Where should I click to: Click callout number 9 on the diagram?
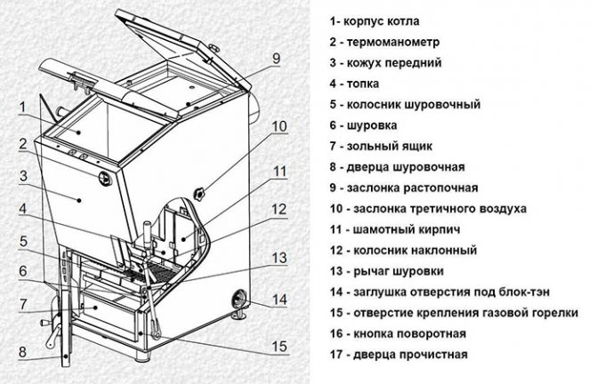click(x=276, y=58)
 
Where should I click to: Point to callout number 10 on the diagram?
click(x=278, y=126)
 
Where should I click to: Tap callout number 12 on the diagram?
click(x=278, y=211)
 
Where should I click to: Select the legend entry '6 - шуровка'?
click(x=363, y=125)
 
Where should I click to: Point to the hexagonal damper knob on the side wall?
click(x=198, y=192)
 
